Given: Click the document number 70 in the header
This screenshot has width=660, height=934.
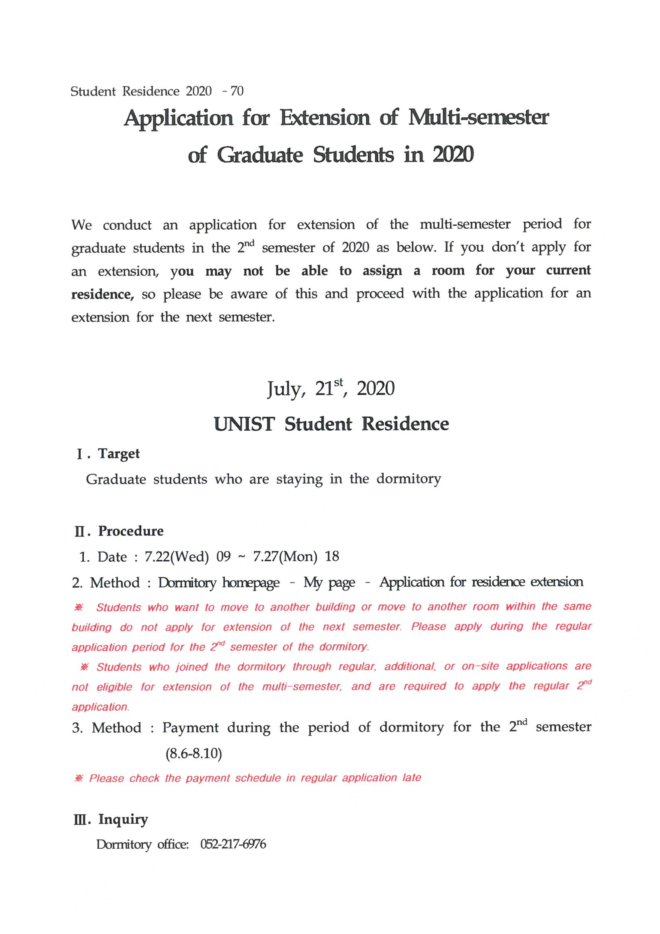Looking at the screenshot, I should pos(237,91).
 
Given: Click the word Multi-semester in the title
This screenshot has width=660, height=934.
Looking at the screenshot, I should pos(478,117).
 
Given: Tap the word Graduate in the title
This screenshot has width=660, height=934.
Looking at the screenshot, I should pos(260,155).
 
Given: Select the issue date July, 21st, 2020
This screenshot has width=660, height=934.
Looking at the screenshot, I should pos(331,388).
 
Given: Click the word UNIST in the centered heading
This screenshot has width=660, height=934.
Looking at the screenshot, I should pos(244,424).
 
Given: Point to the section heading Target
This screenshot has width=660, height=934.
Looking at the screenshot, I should pos(119,453).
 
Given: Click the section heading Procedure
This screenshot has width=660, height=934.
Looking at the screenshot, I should pos(131,531).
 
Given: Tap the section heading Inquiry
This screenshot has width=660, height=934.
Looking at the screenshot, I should pos(123,819).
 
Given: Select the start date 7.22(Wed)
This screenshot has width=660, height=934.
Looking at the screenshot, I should pos(177,556).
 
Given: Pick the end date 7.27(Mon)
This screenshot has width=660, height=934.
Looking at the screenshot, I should pos(285,556).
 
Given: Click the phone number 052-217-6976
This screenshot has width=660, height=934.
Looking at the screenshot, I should pos(233,844).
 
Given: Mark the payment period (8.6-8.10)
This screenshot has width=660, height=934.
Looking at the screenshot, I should pos(194,753).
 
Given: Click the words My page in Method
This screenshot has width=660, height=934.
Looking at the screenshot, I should pos(329,582).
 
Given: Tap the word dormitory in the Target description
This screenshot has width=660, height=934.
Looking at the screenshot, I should pos(408,479).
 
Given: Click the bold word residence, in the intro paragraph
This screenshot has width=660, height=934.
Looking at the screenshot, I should pos(103,294).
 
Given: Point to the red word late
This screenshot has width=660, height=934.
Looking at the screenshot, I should pos(412,778).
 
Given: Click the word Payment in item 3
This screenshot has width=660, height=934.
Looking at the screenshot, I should pos(190,727).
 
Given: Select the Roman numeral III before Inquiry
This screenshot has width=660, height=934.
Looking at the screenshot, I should pos(79,820).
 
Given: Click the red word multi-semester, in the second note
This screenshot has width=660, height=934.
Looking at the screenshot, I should pos(302,687).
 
